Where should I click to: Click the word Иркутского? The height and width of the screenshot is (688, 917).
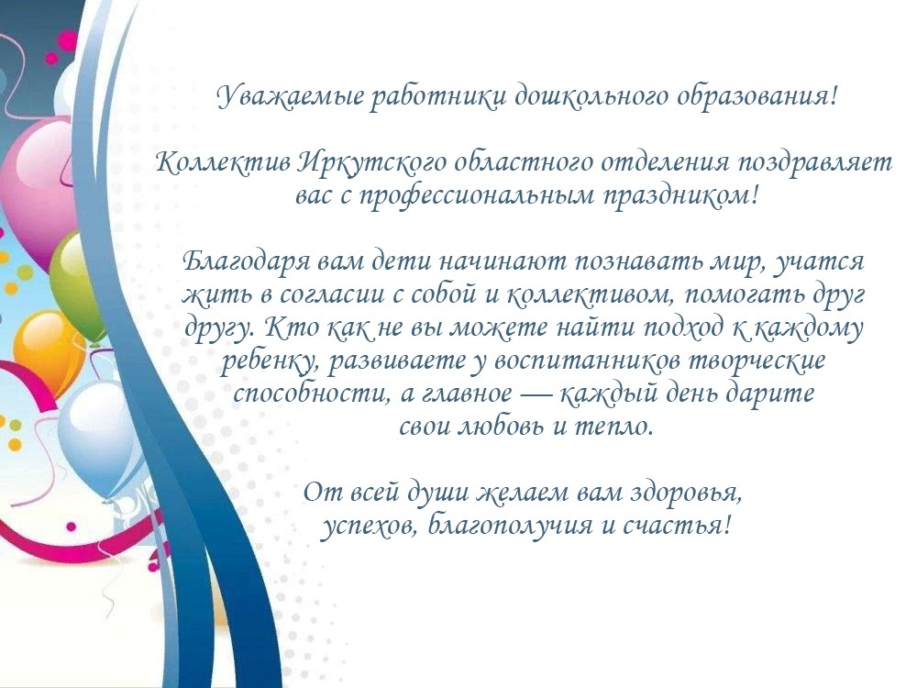point(370,163)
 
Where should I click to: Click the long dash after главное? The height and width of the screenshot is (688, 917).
point(535,394)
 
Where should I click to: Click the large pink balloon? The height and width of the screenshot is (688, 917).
point(39,187)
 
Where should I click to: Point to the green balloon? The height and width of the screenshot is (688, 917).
point(77,281)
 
